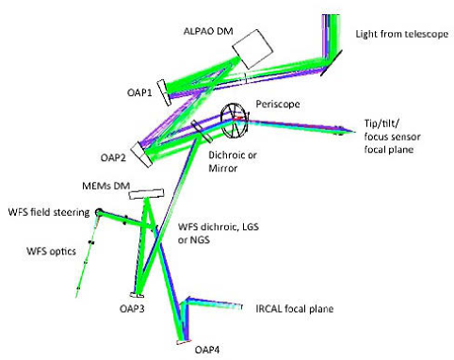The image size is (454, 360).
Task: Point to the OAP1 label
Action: click(x=138, y=94)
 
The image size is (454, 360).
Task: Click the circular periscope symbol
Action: click(x=235, y=118)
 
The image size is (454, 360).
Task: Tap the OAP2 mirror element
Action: click(x=140, y=149)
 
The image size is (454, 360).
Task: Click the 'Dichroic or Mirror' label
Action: click(x=232, y=157)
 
